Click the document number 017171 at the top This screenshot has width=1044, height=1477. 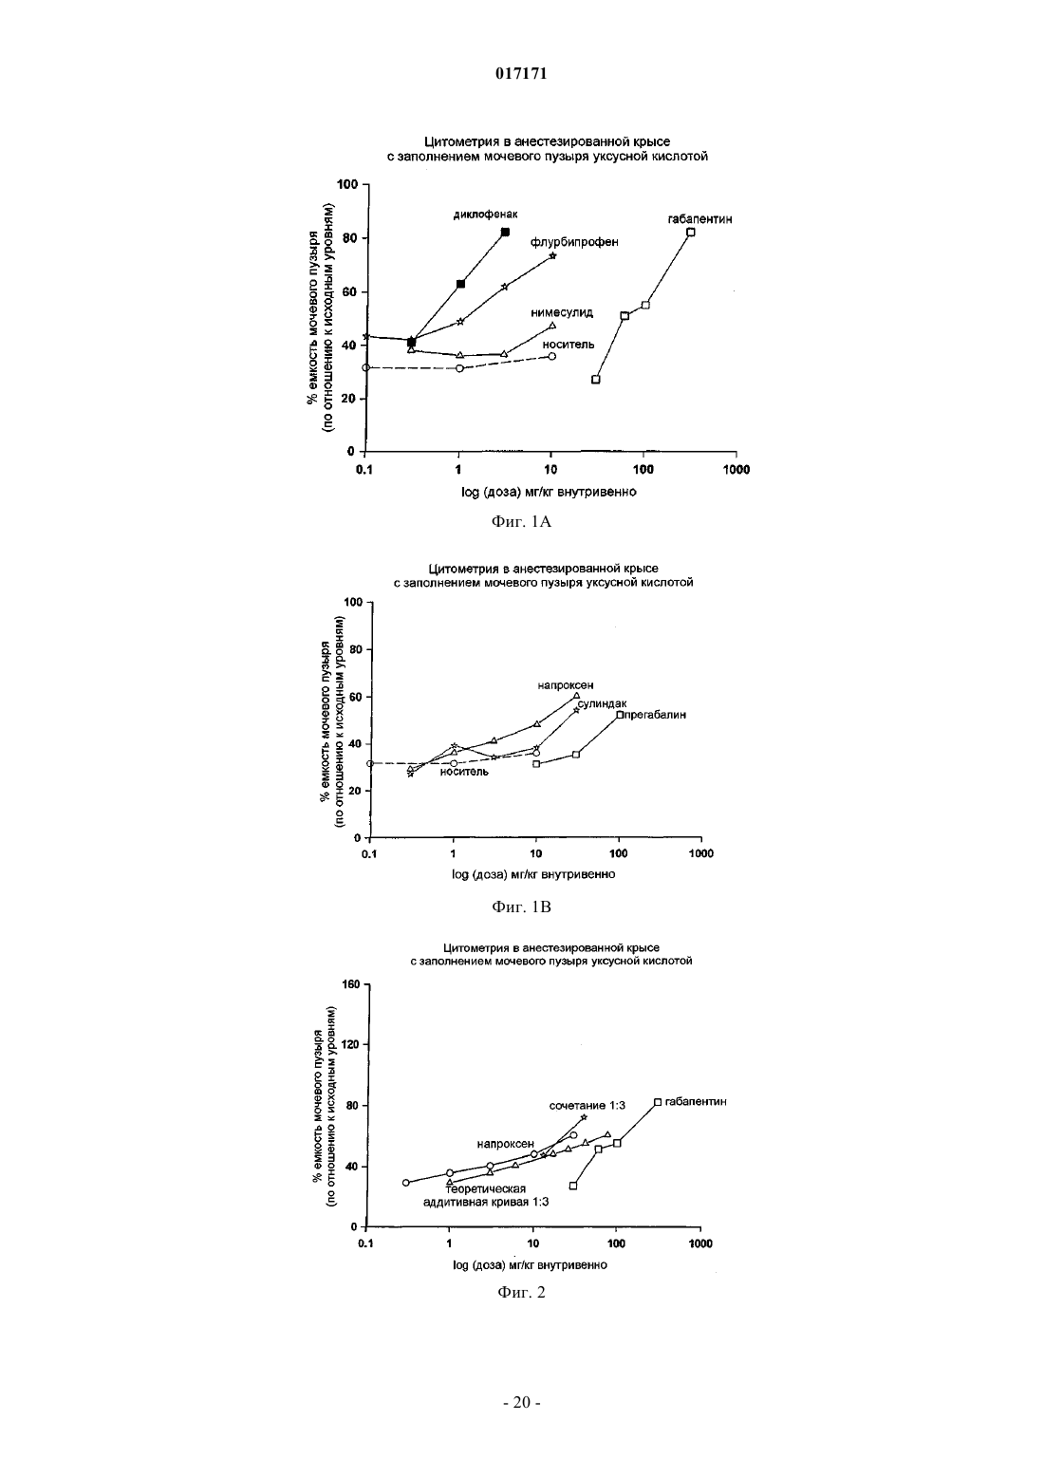coord(521,74)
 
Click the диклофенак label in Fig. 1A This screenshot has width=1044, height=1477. coord(485,215)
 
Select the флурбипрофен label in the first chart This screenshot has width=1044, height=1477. coord(574,242)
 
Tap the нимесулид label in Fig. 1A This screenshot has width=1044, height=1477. coord(562,312)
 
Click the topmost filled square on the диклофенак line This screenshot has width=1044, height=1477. coord(506,233)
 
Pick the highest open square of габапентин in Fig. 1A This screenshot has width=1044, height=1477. coord(691,233)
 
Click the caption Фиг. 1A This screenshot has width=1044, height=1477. coord(521,522)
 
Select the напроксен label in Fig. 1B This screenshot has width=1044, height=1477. coord(566,685)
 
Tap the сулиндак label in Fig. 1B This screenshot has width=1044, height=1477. coord(602,704)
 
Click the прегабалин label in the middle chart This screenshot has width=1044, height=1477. coord(655,715)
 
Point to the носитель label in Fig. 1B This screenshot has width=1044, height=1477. coord(465,772)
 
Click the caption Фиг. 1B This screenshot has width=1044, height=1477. coord(521,907)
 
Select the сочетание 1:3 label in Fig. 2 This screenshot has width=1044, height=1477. coord(587,1106)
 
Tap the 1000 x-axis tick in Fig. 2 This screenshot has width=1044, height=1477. coord(700,1243)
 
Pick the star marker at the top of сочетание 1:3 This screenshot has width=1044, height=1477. coord(584,1117)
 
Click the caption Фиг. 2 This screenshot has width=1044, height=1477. coord(521,1292)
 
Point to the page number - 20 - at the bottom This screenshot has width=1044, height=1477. coord(521,1403)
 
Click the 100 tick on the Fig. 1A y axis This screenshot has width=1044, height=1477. coord(347,184)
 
